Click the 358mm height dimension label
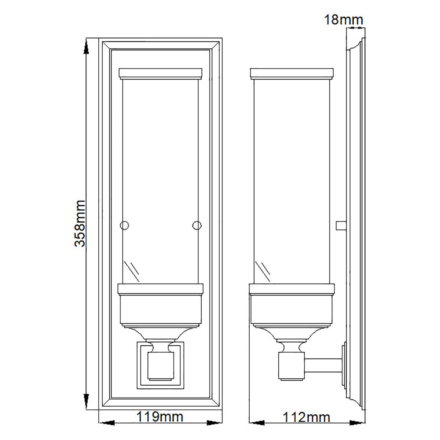pyautogui.click(x=80, y=223)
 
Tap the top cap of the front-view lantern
pyautogui.click(x=161, y=73)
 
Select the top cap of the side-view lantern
pyautogui.click(x=291, y=73)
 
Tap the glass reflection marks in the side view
pyautogui.click(x=264, y=269)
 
